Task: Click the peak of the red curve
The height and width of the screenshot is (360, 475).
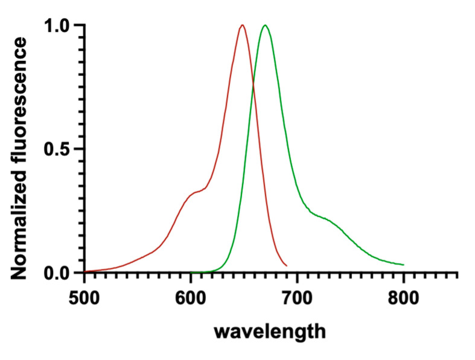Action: pos(242,25)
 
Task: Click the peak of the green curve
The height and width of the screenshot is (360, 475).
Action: pos(264,25)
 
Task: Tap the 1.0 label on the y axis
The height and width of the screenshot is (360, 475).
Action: pos(59,25)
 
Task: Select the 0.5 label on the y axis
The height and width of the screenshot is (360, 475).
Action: pos(59,149)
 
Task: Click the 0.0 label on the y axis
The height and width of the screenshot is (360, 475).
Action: pos(59,273)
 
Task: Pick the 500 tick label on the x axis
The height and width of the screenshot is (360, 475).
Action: pos(84,298)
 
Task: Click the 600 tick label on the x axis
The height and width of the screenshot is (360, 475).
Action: pos(191,298)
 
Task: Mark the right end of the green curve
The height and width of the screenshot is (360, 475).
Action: pos(403,265)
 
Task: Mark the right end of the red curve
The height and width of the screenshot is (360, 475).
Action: pos(287,265)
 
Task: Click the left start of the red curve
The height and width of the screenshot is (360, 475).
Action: pos(85,271)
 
